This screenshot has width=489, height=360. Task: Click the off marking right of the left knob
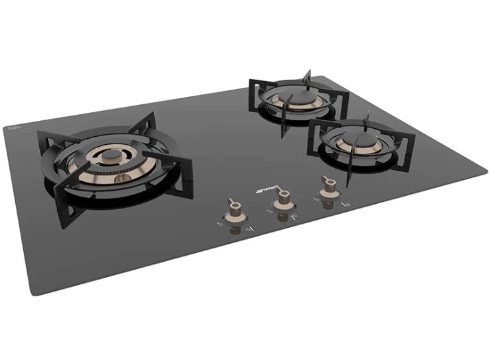pos(249,228)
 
